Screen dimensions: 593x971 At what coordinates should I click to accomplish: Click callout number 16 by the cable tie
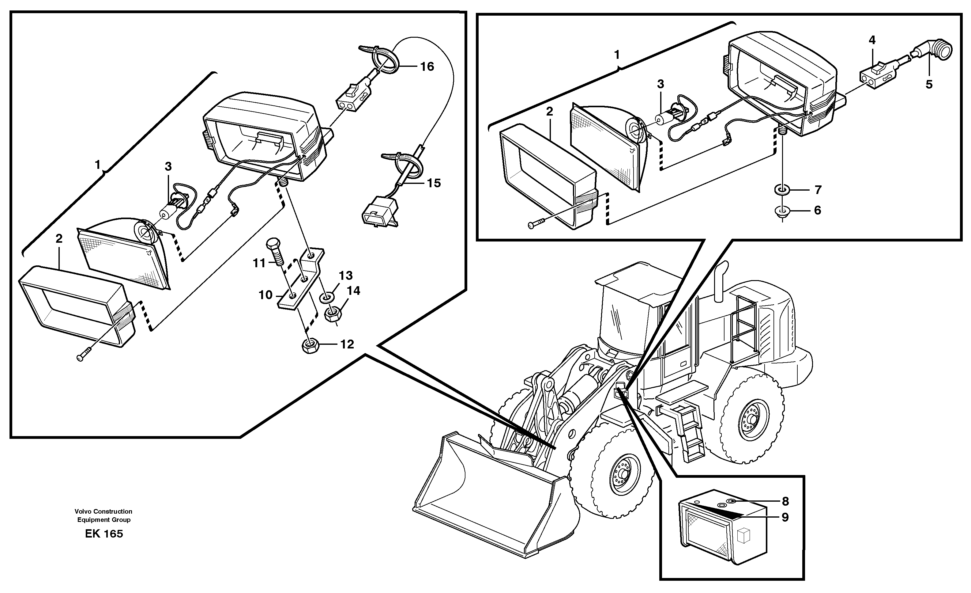click(x=427, y=67)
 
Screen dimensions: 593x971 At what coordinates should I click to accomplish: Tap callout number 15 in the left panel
click(x=434, y=183)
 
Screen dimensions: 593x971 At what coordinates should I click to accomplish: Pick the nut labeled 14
click(x=333, y=314)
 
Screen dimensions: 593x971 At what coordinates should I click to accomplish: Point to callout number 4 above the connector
click(x=872, y=40)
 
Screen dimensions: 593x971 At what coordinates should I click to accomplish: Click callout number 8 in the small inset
click(x=785, y=502)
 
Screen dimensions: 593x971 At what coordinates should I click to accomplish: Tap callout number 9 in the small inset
click(x=785, y=517)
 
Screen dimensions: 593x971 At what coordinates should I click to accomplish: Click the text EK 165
click(x=103, y=534)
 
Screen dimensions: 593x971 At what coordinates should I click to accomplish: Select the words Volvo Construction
click(x=103, y=511)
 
